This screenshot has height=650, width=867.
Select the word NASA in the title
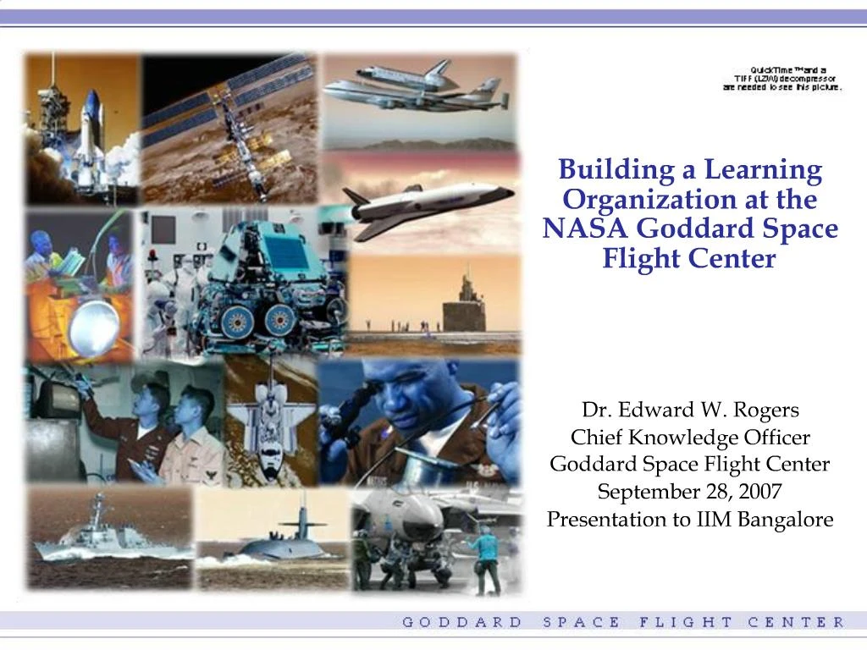(586, 229)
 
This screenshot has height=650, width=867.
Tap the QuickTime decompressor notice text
(782, 79)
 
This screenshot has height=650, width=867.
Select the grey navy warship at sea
(106, 533)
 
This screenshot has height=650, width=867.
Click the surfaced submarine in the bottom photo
(279, 542)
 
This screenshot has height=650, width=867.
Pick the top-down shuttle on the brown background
(266, 423)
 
